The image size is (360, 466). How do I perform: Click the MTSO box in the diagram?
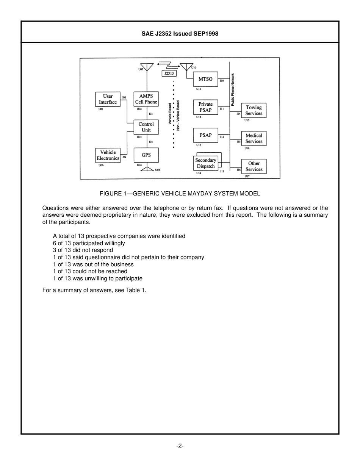pos(206,79)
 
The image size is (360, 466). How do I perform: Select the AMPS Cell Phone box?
pos(146,99)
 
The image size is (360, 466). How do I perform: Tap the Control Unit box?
pos(146,127)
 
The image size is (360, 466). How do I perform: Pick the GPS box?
pos(146,155)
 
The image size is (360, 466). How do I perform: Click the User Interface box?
pos(108,99)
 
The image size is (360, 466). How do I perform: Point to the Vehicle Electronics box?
pos(108,155)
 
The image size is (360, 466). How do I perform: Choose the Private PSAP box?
pos(206,107)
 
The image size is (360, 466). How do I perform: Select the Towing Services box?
pos(254,110)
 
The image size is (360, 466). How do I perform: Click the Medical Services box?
pos(254,138)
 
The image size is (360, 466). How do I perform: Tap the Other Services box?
pos(254,166)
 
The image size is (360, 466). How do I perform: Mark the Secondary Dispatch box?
pos(205,163)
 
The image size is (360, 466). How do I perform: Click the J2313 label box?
pos(169,73)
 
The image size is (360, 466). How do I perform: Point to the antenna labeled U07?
pos(146,67)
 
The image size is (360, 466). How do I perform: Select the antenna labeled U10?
pos(186,67)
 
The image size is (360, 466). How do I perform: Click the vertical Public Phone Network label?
pos(233,89)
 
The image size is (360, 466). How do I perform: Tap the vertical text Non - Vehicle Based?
pos(178,115)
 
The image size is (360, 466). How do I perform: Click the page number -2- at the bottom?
pos(180,446)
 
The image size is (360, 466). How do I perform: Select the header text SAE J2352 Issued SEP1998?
pos(180,34)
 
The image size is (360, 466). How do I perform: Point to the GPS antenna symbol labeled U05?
pos(146,169)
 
